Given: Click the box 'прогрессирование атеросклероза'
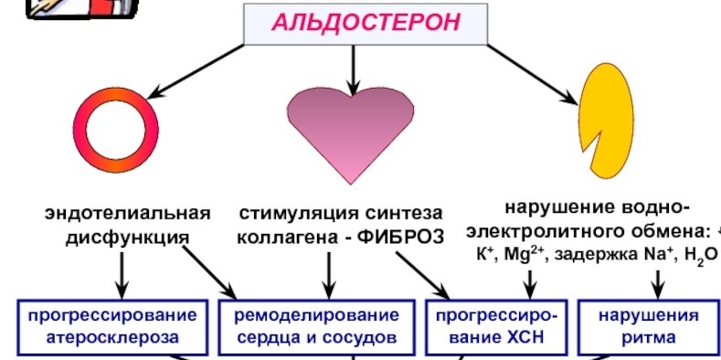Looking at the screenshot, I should coord(111,326).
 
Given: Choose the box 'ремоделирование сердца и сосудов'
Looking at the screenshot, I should coord(317,326).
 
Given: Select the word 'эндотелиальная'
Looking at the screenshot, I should coord(129,215).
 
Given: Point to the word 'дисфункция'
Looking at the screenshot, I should coord(127,238).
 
